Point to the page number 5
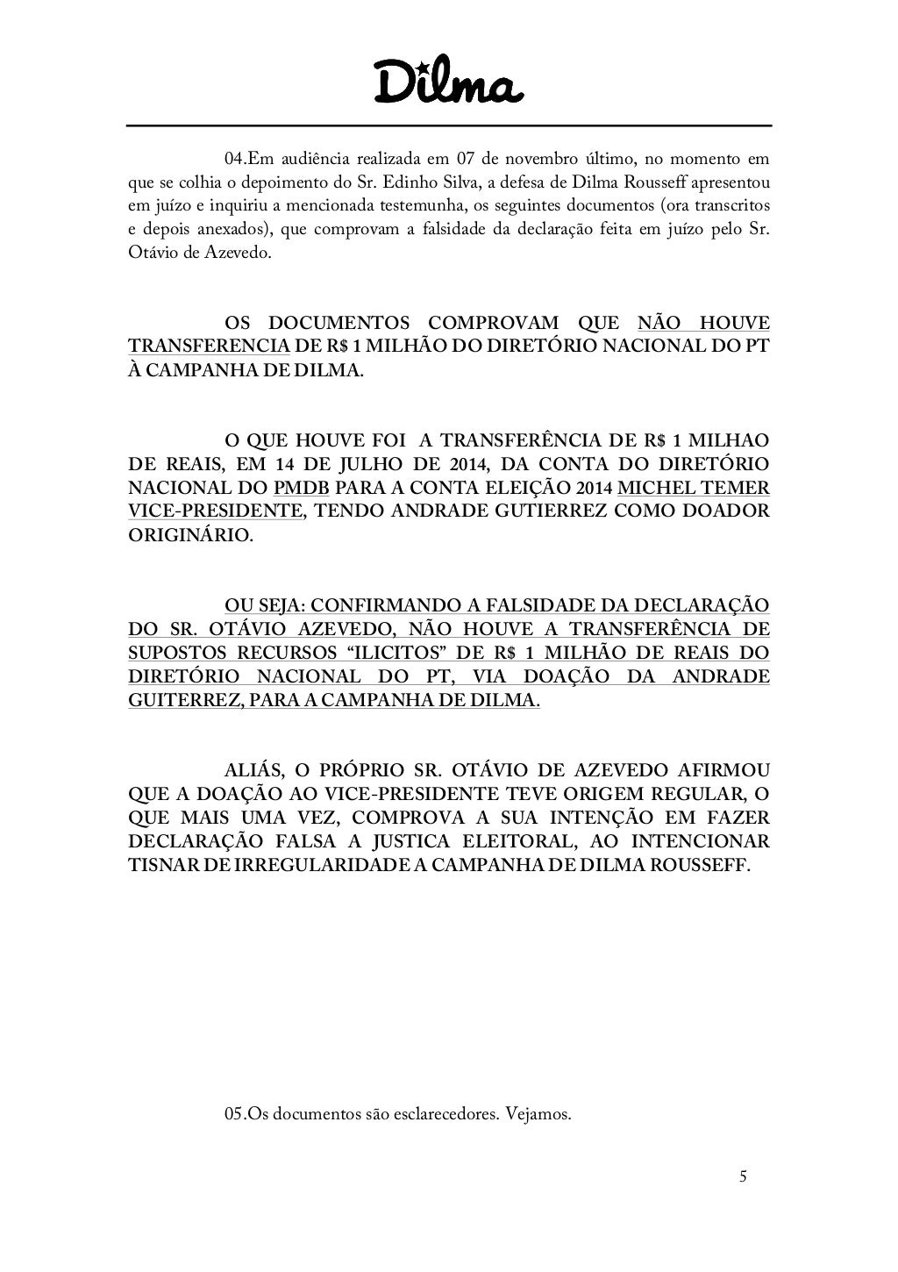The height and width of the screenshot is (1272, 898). (x=743, y=1177)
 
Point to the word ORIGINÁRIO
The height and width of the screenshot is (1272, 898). (x=189, y=534)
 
